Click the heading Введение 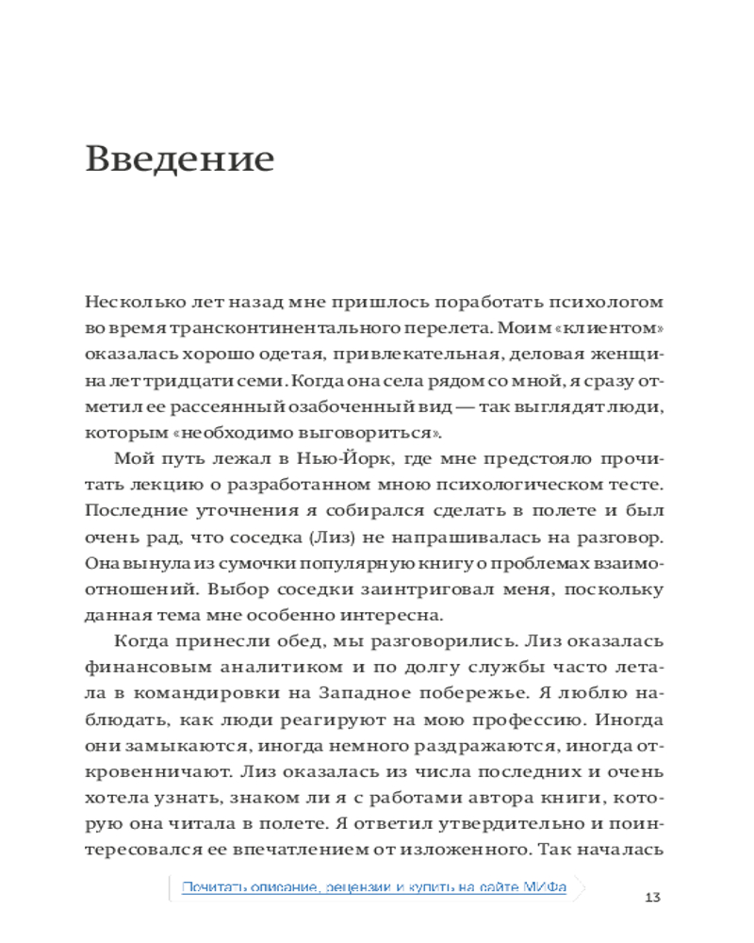click(179, 158)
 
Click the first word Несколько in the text click(127, 303)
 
